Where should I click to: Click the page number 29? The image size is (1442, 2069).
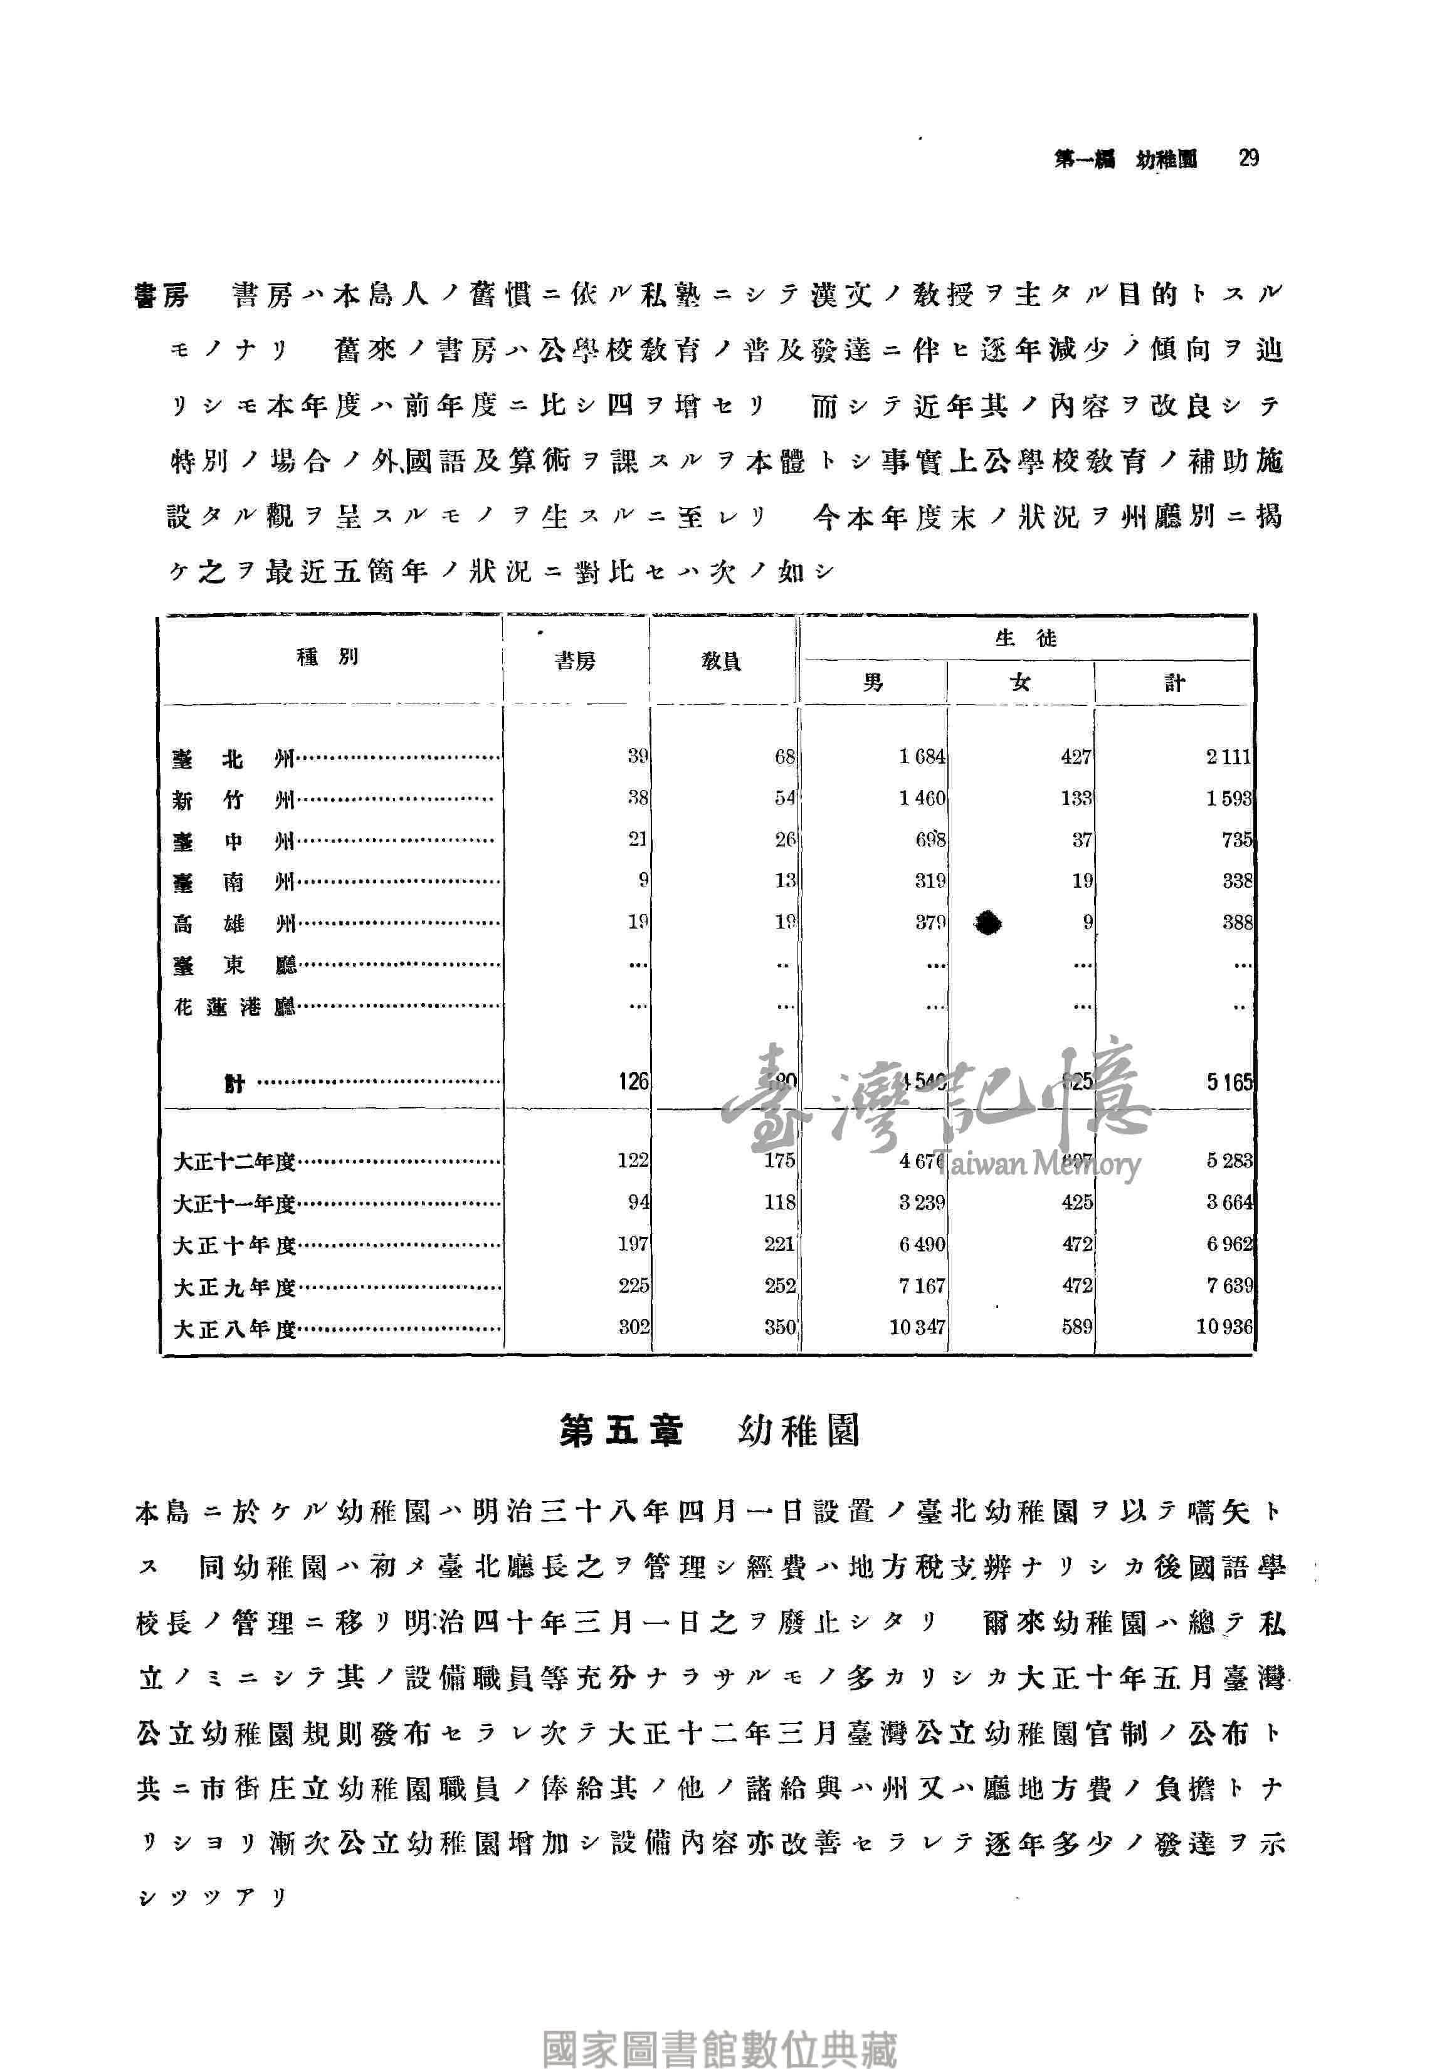(1248, 159)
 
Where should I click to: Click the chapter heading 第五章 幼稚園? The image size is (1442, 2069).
(709, 1431)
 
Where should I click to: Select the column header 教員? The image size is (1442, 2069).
(721, 662)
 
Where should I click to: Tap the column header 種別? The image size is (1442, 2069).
(328, 657)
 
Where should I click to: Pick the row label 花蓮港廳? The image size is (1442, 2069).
(234, 1006)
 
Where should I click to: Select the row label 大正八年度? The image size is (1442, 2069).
(234, 1329)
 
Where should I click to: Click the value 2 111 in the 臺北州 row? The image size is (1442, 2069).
(1228, 757)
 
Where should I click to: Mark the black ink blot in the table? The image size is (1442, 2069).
(989, 922)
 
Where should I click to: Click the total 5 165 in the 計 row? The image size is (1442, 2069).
(1229, 1082)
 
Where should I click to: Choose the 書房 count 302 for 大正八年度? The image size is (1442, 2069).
(634, 1327)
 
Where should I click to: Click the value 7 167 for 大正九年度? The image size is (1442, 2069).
(921, 1286)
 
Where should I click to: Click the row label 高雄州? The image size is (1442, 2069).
(233, 924)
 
